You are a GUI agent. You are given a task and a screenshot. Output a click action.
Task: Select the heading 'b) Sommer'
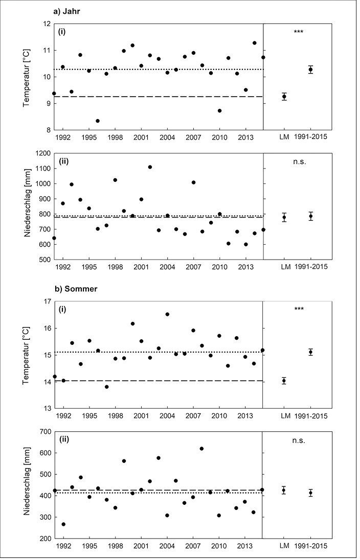pyautogui.click(x=75, y=289)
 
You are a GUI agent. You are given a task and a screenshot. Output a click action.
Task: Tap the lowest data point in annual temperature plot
pyautogui.click(x=98, y=121)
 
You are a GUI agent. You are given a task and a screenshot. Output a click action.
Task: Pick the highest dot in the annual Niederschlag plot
pyautogui.click(x=150, y=167)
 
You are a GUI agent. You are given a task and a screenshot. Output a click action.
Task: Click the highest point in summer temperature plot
pyautogui.click(x=167, y=314)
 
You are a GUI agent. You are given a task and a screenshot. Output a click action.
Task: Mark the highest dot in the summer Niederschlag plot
pyautogui.click(x=201, y=449)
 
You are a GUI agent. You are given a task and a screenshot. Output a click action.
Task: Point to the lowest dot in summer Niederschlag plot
pyautogui.click(x=63, y=524)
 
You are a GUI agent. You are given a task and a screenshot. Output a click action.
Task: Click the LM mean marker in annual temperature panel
pyautogui.click(x=284, y=97)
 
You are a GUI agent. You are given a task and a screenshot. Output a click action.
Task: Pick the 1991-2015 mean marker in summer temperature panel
pyautogui.click(x=311, y=352)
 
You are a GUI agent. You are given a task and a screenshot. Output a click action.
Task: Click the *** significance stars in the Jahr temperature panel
pyautogui.click(x=299, y=32)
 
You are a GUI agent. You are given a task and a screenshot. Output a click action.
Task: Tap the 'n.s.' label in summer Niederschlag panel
pyautogui.click(x=298, y=440)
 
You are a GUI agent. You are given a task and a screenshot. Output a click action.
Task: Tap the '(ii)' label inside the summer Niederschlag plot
pyautogui.click(x=63, y=439)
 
